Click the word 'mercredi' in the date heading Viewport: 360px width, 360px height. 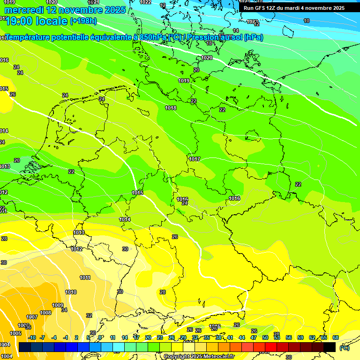coord(24,10)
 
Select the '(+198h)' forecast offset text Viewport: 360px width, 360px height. coord(83,21)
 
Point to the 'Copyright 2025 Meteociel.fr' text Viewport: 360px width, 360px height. coord(199,357)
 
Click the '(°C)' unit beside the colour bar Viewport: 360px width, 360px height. coord(344,348)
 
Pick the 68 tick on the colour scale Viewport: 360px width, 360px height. coord(336,337)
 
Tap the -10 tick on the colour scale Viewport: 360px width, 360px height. coord(32,337)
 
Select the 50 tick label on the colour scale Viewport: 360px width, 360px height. coord(265,337)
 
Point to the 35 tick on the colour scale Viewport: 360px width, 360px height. coord(207,337)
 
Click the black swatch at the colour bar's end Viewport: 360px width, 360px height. coord(330,347)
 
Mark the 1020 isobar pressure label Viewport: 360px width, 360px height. coord(207,58)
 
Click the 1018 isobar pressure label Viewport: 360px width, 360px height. coord(171,108)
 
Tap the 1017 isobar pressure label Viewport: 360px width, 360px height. coord(195,159)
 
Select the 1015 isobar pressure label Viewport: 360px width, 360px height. coord(137,193)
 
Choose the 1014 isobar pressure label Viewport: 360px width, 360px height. coord(125,220)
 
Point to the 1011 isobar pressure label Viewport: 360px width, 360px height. coord(85,278)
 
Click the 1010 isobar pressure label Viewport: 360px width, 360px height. coord(71,292)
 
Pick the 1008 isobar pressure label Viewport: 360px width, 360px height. coord(45,313)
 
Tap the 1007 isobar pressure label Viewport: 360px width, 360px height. coord(32,317)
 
